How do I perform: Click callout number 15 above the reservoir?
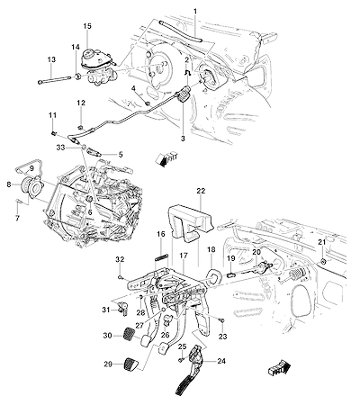coord(87,26)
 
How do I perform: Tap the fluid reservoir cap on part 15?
coord(90,55)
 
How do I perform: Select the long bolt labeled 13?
coord(54,80)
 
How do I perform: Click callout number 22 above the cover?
coord(201,191)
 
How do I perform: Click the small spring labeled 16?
coord(162,256)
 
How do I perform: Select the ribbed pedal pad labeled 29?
coord(130,364)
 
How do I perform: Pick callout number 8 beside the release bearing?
coord(9,184)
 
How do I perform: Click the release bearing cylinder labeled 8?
coord(30,185)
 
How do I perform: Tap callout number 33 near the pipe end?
coord(59,148)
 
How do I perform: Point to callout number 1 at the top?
coord(195,12)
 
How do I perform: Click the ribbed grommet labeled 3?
coord(182,94)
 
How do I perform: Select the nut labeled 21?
coord(323,261)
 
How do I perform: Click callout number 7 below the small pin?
coord(17,218)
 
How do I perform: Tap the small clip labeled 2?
coord(186,72)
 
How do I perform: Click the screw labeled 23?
coord(222,321)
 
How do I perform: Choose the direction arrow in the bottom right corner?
coord(278,369)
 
